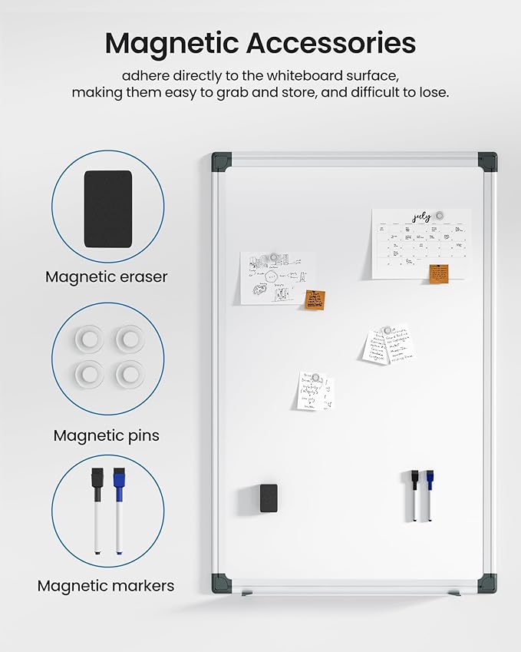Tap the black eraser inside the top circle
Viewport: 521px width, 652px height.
point(107,209)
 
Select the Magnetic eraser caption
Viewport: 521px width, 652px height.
point(106,277)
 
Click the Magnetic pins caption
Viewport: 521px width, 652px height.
point(106,435)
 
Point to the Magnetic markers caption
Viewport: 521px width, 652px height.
point(106,586)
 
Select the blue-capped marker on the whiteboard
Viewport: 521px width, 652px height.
point(430,495)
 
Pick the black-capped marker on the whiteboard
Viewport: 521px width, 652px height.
point(415,495)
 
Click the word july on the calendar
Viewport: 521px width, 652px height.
point(420,217)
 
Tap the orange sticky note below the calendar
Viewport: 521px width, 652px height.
point(439,273)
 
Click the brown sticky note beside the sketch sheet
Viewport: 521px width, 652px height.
point(313,300)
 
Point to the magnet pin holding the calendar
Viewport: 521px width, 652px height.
point(439,215)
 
